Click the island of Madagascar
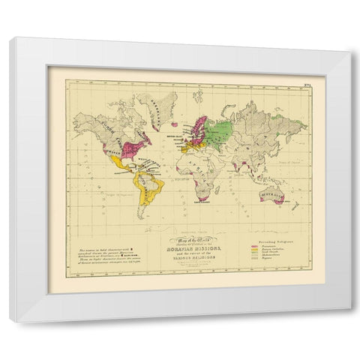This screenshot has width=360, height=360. coord(222,185)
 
